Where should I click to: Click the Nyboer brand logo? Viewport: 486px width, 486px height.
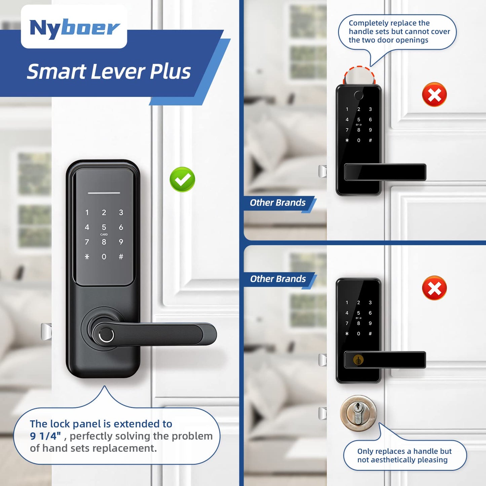tap(74, 28)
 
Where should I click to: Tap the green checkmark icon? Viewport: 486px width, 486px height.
tap(182, 179)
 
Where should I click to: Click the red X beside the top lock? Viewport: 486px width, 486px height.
tap(434, 95)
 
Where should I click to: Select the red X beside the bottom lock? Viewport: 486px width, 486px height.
tap(434, 288)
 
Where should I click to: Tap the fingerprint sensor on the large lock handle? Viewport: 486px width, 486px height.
tap(106, 335)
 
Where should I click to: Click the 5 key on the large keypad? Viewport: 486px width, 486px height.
tap(104, 227)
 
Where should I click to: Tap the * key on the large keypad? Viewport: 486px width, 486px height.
tap(87, 257)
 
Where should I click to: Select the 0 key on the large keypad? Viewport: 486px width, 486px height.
tap(104, 257)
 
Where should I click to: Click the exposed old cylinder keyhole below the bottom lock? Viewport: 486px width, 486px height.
tap(358, 413)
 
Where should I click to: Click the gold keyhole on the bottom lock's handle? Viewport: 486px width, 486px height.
tap(358, 360)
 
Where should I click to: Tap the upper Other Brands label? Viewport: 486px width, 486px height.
tap(277, 203)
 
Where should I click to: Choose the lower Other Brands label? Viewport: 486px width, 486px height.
tap(278, 279)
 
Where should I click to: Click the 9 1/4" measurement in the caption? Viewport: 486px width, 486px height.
tap(45, 436)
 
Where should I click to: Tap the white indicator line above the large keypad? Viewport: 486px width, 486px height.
tap(104, 193)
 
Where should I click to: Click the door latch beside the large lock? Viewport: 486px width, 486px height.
tap(46, 332)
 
